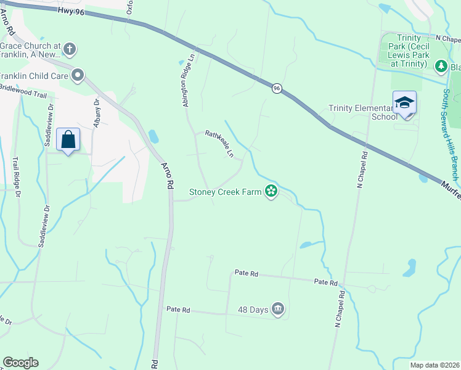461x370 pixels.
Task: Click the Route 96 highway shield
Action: [x=277, y=89]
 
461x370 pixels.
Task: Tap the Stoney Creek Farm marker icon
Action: [x=271, y=192]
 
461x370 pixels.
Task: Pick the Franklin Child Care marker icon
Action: [x=78, y=76]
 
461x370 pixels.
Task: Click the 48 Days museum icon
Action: [x=277, y=308]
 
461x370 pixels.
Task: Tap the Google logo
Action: [x=20, y=363]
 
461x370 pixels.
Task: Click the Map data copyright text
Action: [x=434, y=365]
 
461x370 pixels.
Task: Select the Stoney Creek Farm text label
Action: [x=225, y=192]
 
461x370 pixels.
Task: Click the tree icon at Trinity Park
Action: [x=440, y=65]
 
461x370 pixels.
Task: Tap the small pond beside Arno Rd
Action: [x=153, y=136]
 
